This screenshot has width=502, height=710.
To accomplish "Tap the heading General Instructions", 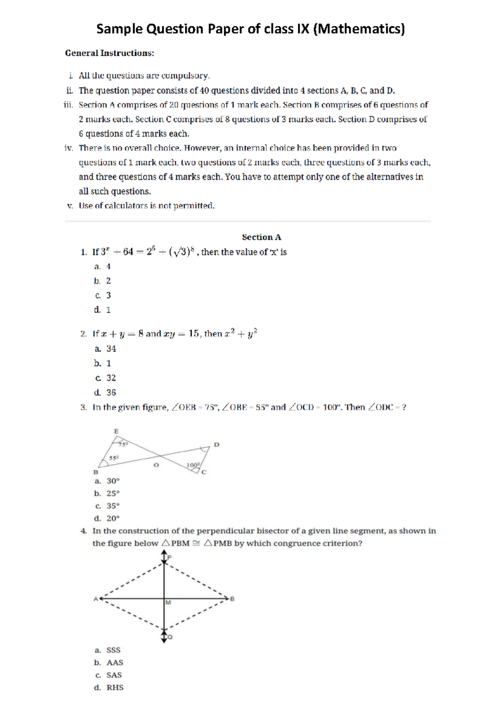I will click(110, 53).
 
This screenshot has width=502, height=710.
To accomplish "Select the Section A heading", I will click(261, 237).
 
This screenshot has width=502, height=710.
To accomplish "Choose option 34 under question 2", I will click(111, 349).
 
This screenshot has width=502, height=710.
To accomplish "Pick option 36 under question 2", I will click(111, 392).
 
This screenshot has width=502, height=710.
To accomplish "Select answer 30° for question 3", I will click(113, 481).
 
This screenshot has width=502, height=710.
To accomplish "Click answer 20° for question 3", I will click(113, 518).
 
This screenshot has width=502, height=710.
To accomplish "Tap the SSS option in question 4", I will click(113, 650).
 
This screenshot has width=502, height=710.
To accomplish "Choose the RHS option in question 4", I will click(115, 687).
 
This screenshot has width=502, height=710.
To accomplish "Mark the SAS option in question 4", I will click(114, 675).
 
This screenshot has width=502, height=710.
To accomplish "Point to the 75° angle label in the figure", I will click(123, 444).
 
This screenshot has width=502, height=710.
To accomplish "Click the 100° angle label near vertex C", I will click(193, 465).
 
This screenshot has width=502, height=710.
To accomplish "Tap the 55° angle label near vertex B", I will click(114, 458).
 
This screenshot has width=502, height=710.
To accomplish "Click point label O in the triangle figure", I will click(156, 465).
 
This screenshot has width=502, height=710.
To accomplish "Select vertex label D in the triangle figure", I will click(216, 445).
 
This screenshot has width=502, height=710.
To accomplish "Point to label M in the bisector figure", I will click(168, 602).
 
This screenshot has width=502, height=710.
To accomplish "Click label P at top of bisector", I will click(169, 557).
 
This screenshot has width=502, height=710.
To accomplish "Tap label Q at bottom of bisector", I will click(170, 637).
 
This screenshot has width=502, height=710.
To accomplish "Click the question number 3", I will click(83, 407).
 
